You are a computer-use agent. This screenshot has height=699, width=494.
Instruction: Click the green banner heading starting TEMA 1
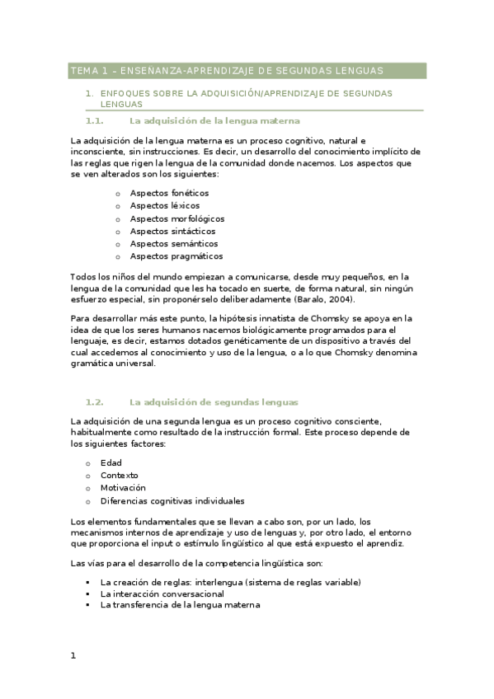227,72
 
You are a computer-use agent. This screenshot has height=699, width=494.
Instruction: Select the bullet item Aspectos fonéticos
169,193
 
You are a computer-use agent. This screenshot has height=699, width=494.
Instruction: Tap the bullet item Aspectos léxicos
164,205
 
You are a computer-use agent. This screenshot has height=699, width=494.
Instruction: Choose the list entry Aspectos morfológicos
176,218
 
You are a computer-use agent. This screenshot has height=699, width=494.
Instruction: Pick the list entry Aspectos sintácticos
172,231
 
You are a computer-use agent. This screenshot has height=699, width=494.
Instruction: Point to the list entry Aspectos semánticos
174,244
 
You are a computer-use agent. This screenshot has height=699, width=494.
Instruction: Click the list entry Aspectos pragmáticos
176,256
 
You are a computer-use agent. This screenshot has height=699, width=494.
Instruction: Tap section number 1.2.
94,401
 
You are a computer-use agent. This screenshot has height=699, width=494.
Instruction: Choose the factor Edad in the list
111,462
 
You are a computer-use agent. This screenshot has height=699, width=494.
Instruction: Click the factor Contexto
120,475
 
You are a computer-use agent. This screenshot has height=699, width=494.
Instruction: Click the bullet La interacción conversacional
162,593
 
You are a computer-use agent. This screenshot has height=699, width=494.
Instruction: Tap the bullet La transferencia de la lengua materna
180,605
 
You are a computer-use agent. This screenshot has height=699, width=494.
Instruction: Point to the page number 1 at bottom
73,656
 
